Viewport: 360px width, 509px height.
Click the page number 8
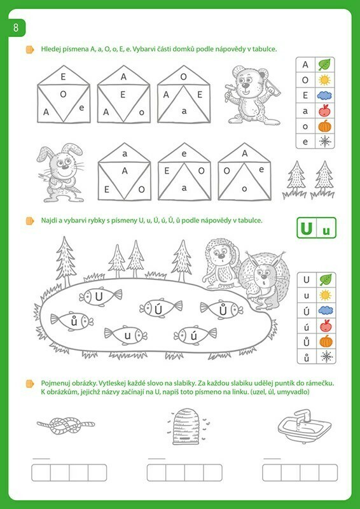15,28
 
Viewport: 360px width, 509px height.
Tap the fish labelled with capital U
100,296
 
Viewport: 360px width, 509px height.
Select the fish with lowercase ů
72,321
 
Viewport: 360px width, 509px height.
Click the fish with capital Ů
221,310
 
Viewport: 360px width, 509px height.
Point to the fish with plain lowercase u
126,335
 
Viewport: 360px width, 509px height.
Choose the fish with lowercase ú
195,335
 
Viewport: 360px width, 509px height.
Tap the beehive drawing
186,426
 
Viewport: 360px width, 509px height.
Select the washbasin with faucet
305,426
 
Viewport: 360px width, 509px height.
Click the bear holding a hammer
251,95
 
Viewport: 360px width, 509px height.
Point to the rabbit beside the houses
60,173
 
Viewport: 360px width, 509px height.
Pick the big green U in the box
306,228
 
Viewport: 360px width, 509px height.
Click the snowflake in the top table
324,141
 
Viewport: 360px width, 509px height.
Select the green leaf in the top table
324,64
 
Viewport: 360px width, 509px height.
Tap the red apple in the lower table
326,325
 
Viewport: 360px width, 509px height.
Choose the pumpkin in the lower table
326,341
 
